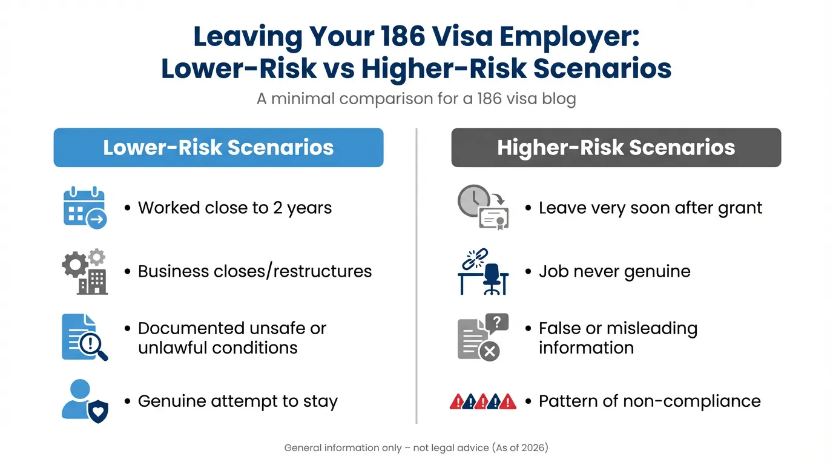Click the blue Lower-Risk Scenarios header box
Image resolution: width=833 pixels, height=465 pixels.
click(x=218, y=148)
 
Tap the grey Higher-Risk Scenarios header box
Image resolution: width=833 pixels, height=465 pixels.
click(x=616, y=148)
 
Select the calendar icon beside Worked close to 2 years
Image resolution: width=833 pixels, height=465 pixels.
click(x=85, y=208)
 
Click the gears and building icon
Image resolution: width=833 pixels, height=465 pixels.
click(x=85, y=271)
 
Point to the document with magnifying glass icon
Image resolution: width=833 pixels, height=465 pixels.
click(x=85, y=337)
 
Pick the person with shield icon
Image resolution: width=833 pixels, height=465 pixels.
click(x=85, y=401)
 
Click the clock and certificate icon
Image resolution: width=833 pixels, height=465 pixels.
click(x=482, y=207)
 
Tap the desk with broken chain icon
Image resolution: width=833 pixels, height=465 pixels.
click(x=482, y=271)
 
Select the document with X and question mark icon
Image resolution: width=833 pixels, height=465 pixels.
click(x=482, y=337)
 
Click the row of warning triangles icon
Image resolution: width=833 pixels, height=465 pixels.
click(x=482, y=401)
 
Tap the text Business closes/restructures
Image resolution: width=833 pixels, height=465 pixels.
click(x=255, y=271)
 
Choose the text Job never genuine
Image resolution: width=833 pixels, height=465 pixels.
click(x=614, y=271)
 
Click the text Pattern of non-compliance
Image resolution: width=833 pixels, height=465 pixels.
click(x=650, y=401)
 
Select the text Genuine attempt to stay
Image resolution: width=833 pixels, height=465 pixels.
click(x=237, y=401)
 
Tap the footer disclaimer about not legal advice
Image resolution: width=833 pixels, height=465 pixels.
click(x=416, y=448)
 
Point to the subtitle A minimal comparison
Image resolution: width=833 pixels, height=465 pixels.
click(x=416, y=98)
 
